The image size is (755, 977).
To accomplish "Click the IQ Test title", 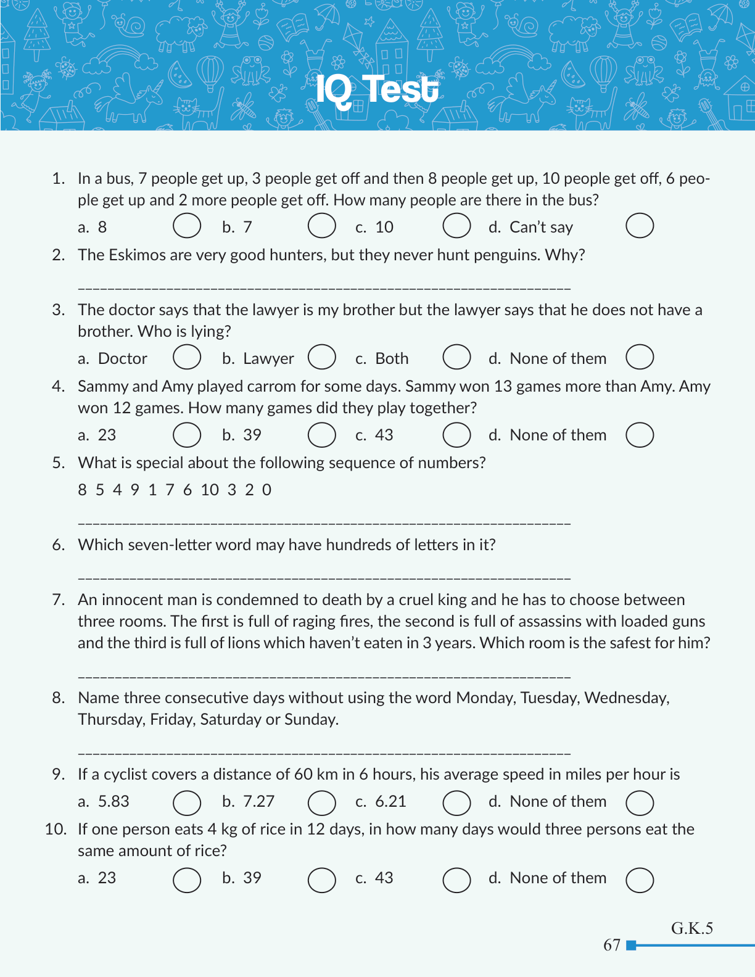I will (x=377, y=90).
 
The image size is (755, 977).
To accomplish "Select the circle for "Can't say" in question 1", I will (x=640, y=226).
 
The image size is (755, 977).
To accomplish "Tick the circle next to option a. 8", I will (x=187, y=226).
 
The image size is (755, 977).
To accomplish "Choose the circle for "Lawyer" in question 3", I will (x=321, y=357).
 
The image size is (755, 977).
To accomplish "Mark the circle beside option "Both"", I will (x=456, y=357).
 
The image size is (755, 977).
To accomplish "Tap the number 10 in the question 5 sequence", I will (x=210, y=490).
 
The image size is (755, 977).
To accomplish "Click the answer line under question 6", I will (x=324, y=579).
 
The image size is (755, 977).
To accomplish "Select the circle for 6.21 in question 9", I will (x=456, y=803).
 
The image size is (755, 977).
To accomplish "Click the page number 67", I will (x=612, y=945).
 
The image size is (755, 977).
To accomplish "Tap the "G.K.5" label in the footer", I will (x=692, y=928).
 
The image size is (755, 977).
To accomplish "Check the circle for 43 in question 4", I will (x=456, y=435).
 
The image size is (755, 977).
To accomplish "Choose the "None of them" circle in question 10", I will (x=640, y=880).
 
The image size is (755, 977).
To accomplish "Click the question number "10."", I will (x=56, y=829).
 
